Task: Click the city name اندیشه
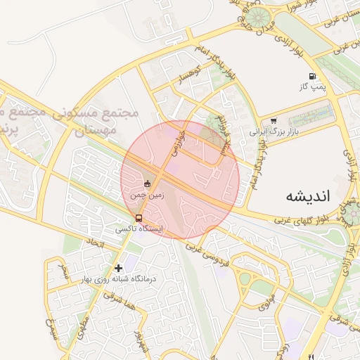(x=308, y=195)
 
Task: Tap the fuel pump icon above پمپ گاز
(x=311, y=76)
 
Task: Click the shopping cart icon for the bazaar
(x=273, y=121)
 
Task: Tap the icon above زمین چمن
(x=147, y=184)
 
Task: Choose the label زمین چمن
(x=147, y=195)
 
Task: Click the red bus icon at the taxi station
(x=139, y=218)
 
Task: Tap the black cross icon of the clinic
(x=118, y=267)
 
